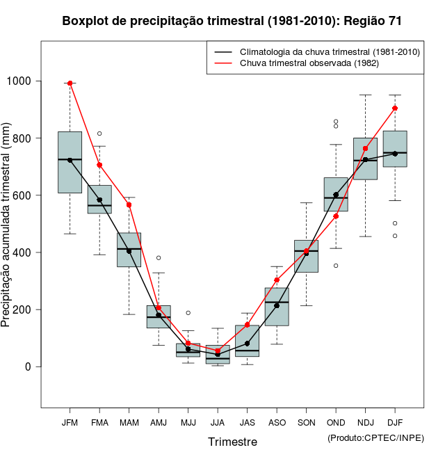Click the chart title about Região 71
[232, 22]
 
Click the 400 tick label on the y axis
[24, 252]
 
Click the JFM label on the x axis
[70, 422]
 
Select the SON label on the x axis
[306, 422]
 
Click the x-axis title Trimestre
[232, 442]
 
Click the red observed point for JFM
[70, 83]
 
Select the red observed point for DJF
[395, 108]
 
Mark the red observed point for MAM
[129, 204]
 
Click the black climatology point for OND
[336, 195]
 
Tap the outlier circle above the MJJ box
[188, 313]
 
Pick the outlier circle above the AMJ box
[159, 258]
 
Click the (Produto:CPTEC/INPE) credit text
[375, 437]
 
